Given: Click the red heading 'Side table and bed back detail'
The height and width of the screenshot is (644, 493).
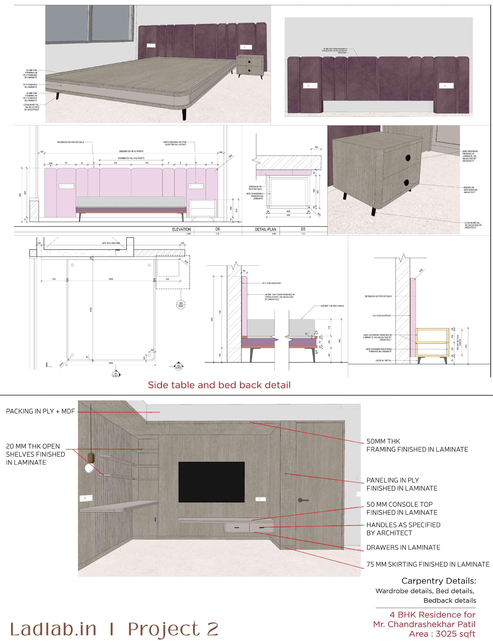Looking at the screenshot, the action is click(x=219, y=385).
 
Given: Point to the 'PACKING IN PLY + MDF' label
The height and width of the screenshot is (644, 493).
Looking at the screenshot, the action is click(x=40, y=411).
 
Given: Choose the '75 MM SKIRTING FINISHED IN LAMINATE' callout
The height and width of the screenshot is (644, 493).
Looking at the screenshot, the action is click(x=428, y=564).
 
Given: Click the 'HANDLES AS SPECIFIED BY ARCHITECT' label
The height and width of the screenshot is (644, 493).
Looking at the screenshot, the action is click(x=403, y=529).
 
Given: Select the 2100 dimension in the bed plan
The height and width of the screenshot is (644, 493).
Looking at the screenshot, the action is click(x=91, y=309).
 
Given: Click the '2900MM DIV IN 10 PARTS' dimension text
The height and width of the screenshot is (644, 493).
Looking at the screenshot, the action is click(x=131, y=151).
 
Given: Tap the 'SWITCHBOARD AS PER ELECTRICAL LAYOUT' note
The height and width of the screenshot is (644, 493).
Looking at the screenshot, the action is click(x=175, y=143).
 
